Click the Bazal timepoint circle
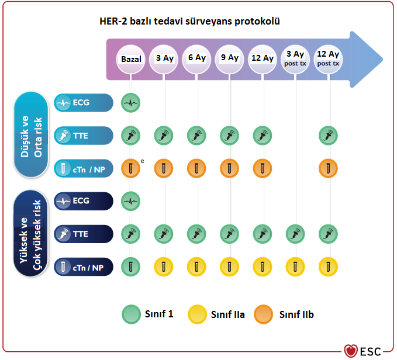[132, 59]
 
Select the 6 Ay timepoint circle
[197, 58]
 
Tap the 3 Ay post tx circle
[296, 58]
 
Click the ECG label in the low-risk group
[83, 103]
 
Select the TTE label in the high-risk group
[83, 234]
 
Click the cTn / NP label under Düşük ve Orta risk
[83, 169]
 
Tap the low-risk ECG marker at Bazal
[132, 103]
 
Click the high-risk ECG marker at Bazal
[132, 202]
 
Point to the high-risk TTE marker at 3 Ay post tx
[296, 234]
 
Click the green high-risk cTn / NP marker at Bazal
[132, 267]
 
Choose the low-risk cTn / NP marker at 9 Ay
[230, 169]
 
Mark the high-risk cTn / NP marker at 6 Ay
[197, 267]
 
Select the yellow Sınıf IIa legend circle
[196, 314]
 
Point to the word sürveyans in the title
[210, 22]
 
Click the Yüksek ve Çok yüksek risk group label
[32, 234]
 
